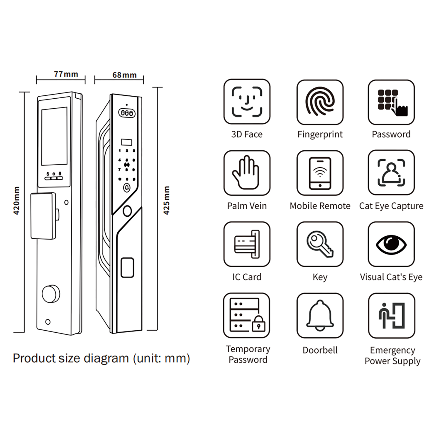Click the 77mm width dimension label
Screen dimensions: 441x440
tap(66, 74)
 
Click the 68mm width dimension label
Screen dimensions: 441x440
tap(124, 75)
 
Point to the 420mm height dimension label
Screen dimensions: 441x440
tap(16, 201)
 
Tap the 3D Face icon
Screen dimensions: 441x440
tap(247, 102)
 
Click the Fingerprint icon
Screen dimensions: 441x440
tap(320, 102)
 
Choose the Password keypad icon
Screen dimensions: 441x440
tap(391, 102)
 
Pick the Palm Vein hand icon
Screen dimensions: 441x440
tap(247, 173)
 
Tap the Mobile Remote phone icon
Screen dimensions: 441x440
tap(320, 173)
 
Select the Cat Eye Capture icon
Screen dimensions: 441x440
tap(391, 173)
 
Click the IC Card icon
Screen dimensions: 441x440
tap(247, 244)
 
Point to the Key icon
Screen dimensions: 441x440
tap(320, 244)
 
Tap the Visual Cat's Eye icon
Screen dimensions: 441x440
tap(391, 244)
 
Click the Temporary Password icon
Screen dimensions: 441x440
tap(247, 315)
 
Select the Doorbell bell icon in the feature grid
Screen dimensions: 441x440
tap(320, 315)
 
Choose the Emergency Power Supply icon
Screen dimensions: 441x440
tap(392, 315)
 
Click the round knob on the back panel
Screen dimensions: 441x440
tap(51, 294)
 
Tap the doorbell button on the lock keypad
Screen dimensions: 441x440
tap(127, 188)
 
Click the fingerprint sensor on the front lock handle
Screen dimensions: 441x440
tap(127, 267)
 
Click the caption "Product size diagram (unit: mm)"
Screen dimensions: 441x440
tap(101, 358)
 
